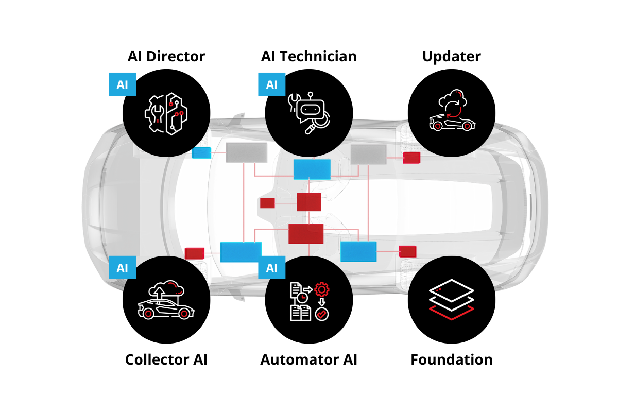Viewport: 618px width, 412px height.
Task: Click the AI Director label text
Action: pos(166,56)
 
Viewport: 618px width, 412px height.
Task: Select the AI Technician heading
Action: pos(309,56)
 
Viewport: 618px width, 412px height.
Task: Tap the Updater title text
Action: pos(452,56)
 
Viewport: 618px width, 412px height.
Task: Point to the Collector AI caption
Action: pos(166,359)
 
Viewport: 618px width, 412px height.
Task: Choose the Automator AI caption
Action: pos(309,359)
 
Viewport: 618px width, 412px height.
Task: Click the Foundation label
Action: pos(452,359)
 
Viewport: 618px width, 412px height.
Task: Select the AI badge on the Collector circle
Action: pos(122,268)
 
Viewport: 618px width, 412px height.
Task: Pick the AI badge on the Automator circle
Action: pos(271,268)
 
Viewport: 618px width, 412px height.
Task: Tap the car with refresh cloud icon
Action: pos(452,112)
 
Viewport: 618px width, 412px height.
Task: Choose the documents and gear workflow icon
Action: pos(309,301)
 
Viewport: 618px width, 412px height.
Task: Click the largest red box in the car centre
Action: pos(306,233)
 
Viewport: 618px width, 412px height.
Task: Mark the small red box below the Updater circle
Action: pos(411,158)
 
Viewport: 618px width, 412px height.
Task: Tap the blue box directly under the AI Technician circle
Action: pos(312,169)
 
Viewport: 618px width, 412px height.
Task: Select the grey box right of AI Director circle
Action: pos(247,152)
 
